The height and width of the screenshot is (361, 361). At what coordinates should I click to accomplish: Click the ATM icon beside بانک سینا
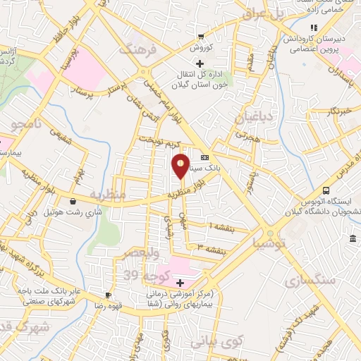(204, 158)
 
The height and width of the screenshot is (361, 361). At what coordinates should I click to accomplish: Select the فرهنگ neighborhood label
(135, 50)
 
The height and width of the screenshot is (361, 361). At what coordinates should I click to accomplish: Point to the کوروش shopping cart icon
(201, 37)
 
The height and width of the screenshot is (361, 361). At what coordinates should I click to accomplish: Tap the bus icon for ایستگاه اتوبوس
(326, 190)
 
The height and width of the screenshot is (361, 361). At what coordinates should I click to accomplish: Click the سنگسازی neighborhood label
(308, 281)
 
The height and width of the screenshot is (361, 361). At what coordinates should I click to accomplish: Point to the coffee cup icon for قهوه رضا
(108, 295)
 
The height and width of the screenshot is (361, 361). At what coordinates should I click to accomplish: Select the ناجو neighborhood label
(27, 126)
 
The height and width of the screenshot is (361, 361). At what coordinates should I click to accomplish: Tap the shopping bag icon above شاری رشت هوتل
(73, 202)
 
